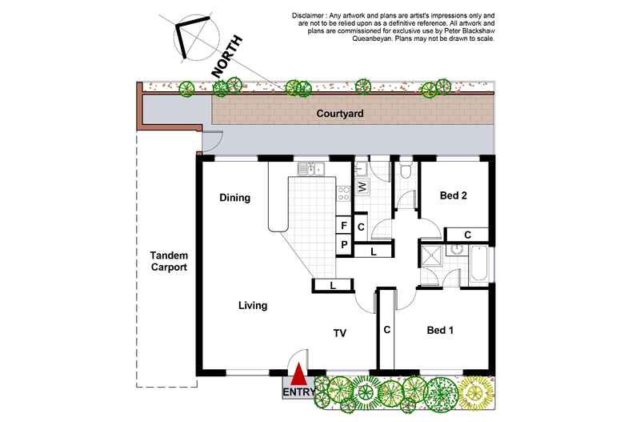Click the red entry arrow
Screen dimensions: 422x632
point(298,375)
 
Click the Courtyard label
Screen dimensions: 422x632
point(339,115)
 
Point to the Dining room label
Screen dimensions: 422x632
point(236,198)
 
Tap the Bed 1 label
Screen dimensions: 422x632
point(440,330)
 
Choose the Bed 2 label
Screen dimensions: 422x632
point(454,195)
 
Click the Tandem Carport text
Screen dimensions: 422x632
point(168,262)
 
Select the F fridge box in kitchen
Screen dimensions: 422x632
point(342,226)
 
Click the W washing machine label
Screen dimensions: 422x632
point(362,186)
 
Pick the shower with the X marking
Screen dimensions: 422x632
point(430,256)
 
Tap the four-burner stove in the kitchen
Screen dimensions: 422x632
point(345,192)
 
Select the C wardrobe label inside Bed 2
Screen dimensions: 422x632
point(467,234)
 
